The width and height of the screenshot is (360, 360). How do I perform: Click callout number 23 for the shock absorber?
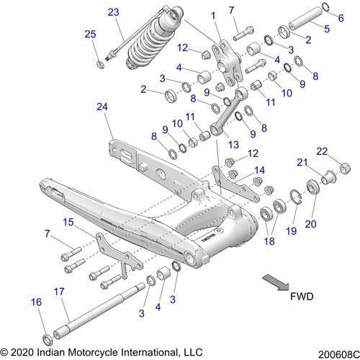coord(113,12)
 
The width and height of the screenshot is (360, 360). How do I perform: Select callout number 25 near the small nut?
coord(90,35)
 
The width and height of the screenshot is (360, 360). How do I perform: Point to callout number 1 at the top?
coord(213,15)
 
